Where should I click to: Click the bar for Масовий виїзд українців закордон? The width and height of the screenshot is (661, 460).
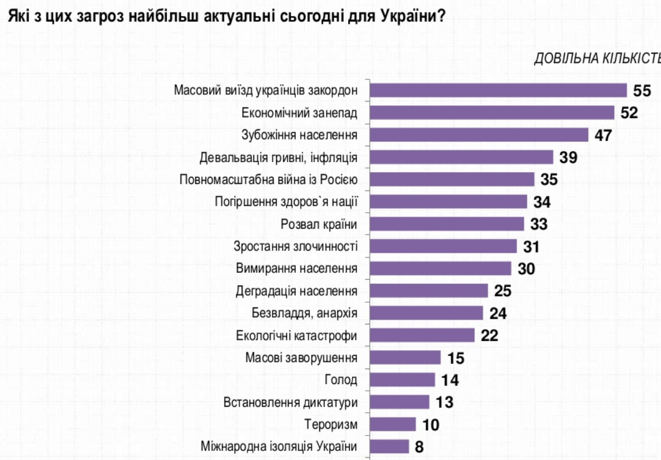point(498,90)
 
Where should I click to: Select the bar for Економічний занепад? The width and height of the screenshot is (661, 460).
point(492,113)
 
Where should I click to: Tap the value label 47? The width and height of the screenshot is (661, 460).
point(603,135)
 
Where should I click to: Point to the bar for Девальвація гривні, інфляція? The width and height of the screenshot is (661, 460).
point(461,157)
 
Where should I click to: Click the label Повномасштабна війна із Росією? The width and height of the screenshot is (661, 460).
point(268,180)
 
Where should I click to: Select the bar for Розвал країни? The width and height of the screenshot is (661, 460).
point(447,224)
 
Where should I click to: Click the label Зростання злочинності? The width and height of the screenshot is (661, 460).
point(295,247)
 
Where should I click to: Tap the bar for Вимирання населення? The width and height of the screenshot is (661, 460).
point(440,269)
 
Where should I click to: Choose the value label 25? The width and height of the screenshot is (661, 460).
point(502,291)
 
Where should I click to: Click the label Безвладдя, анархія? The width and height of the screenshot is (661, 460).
point(304,313)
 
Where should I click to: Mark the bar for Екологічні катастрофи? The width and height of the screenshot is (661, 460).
point(422,336)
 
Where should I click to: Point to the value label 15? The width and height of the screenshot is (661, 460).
point(456,358)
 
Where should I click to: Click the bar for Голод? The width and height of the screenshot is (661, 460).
point(402,380)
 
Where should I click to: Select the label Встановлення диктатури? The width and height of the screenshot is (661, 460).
point(290,402)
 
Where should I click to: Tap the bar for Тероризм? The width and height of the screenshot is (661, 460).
point(392,424)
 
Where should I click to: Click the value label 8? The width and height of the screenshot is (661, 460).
point(419,447)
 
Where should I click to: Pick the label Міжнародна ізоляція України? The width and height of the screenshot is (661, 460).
point(278,447)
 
